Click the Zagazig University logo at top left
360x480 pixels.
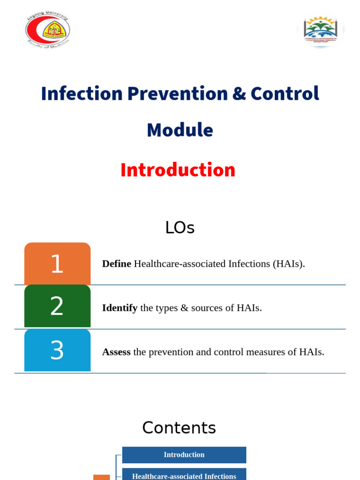47,30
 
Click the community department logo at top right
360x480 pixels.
321,29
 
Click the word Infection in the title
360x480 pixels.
82,93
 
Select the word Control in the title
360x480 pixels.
285,93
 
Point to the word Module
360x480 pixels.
180,130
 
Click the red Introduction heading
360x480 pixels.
178,170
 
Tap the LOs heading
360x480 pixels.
180,228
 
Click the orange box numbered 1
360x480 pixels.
57,263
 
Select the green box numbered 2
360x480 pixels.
57,307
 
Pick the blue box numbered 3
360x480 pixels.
57,350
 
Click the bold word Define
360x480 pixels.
116,263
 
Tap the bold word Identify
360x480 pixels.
120,308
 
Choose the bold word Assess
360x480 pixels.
116,352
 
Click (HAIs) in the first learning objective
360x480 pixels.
289,263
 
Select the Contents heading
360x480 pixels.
179,427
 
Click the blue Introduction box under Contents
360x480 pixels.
184,455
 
